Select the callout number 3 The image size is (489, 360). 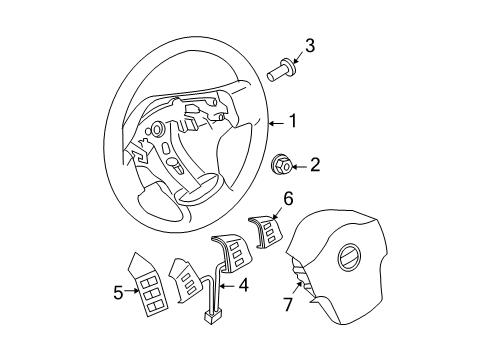(x=310, y=45)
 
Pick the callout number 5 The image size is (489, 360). (x=118, y=293)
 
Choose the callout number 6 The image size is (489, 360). (x=288, y=199)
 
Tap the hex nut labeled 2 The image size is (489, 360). (x=280, y=165)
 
